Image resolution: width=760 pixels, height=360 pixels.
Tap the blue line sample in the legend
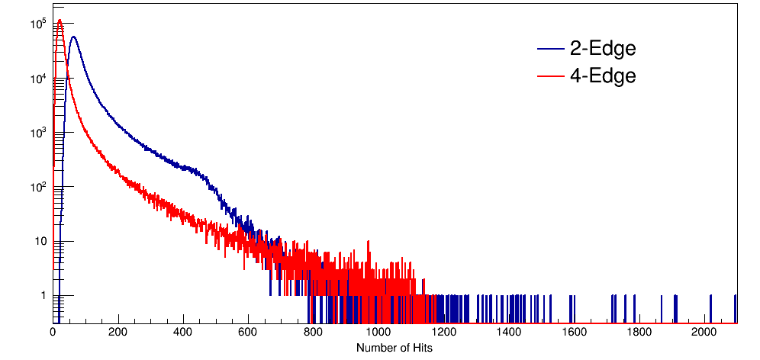[x=550, y=49]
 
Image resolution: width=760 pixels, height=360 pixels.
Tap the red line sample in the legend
[x=550, y=76]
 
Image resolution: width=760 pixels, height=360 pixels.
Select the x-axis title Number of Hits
[x=394, y=347]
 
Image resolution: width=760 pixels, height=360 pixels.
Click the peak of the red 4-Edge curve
[x=59, y=20]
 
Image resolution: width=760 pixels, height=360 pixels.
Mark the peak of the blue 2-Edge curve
[x=74, y=37]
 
